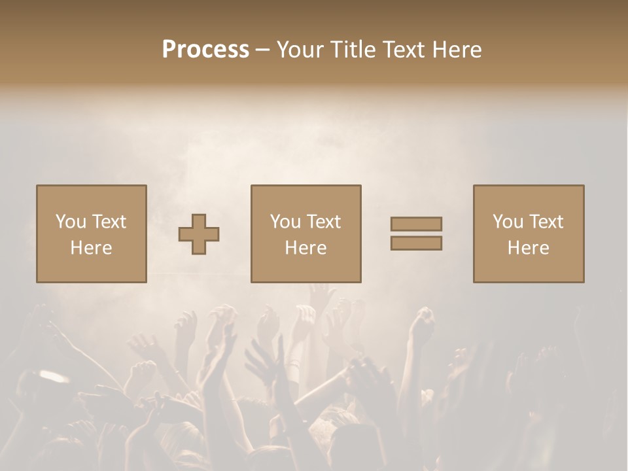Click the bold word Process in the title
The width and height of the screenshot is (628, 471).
[205, 49]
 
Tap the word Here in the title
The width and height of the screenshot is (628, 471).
[456, 49]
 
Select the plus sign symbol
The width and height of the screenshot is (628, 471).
[199, 234]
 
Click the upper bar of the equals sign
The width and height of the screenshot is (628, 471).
[416, 224]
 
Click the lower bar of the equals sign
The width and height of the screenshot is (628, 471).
[416, 243]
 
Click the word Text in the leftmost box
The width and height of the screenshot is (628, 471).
[108, 222]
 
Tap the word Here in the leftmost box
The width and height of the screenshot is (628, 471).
[92, 248]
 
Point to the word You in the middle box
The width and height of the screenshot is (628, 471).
[285, 222]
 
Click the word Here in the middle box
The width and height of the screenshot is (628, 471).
[306, 248]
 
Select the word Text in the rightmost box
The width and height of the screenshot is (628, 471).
[545, 222]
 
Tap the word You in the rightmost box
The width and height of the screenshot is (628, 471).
[508, 222]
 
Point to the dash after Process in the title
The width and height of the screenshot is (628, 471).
[262, 50]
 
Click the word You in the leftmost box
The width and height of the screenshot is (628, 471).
[71, 222]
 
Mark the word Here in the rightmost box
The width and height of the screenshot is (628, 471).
[529, 248]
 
